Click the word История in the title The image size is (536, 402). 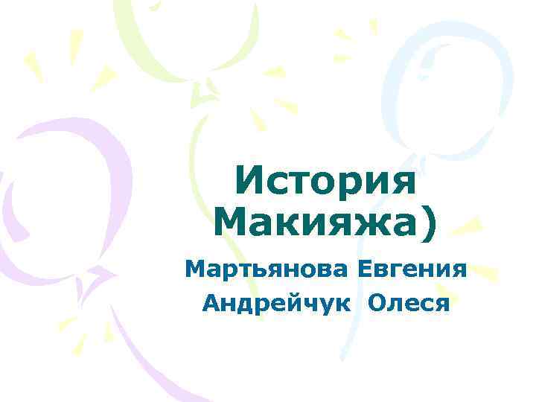click(325, 182)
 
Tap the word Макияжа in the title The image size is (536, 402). click(313, 221)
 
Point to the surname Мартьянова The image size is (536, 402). click(267, 269)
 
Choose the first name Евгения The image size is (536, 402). click(412, 269)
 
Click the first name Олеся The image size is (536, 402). click(406, 302)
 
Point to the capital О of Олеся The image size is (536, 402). click(374, 302)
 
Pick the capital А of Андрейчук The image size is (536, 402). click(211, 302)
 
